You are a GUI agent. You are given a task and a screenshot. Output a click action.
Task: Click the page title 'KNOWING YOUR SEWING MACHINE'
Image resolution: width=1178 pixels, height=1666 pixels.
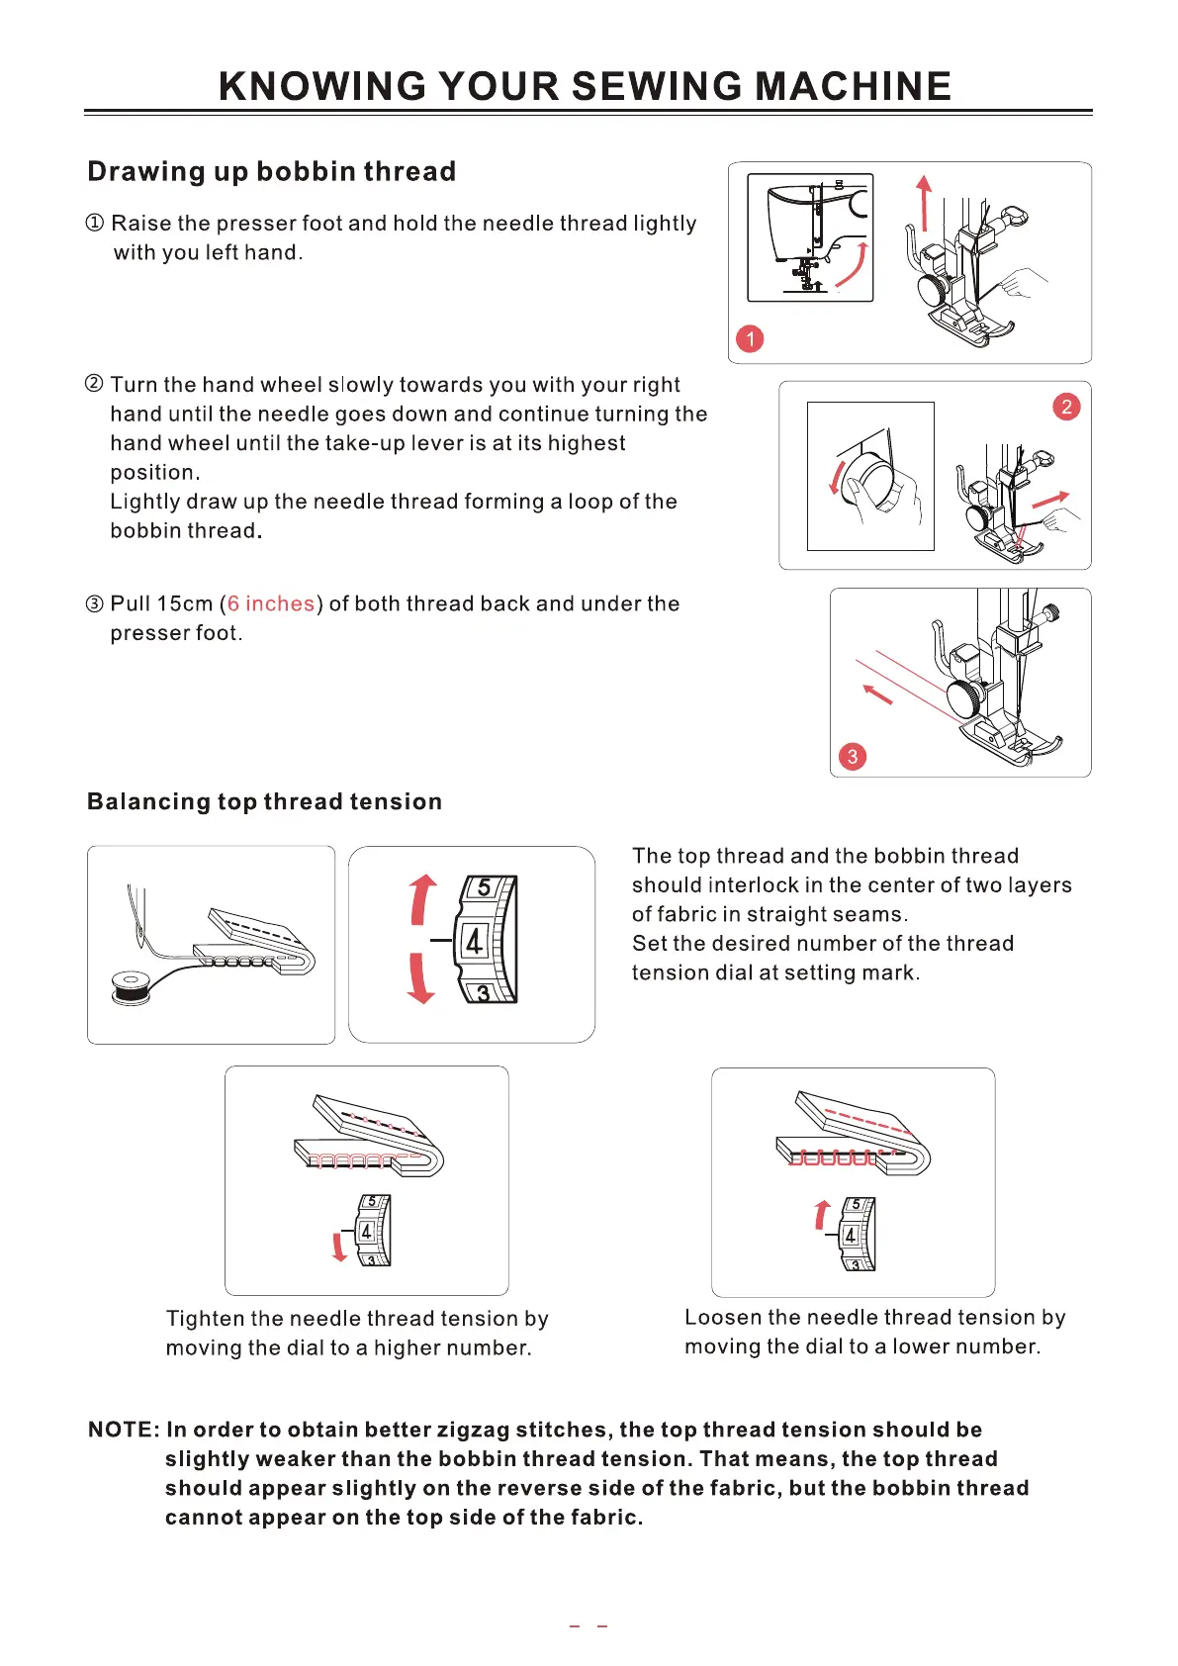[x=585, y=87]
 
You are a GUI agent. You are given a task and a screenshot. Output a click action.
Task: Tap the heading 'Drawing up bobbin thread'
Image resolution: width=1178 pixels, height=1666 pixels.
[x=271, y=172]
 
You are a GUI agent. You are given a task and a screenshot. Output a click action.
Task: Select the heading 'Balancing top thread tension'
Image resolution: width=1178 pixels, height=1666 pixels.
[x=264, y=801]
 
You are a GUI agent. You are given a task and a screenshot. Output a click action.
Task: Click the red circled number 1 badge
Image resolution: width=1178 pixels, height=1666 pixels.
[x=751, y=339]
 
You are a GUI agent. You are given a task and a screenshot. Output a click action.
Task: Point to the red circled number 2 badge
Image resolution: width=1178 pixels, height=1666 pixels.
[x=1066, y=407]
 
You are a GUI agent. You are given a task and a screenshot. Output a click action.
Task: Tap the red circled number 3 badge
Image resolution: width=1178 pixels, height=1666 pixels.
[x=853, y=757]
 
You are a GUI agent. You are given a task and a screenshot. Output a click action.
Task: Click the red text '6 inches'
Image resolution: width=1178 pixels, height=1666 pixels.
[x=271, y=603]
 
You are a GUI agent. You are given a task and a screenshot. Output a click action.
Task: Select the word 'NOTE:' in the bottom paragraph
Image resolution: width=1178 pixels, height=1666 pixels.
[x=124, y=1430]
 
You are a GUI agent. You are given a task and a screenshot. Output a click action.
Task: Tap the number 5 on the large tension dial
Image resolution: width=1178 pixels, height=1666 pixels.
[x=484, y=887]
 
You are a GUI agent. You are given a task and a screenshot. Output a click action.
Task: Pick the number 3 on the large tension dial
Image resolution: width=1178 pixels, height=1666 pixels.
[x=483, y=992]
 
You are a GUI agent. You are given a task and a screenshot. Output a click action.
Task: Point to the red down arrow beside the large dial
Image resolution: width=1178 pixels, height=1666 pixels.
[x=421, y=978]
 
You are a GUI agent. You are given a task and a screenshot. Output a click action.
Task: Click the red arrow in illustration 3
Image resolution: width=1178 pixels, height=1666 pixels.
[x=877, y=694]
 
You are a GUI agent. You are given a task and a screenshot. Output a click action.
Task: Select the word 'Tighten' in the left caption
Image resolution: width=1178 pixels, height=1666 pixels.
[x=205, y=1319]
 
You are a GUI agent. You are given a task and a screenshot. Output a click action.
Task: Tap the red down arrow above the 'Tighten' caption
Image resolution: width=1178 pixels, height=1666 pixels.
[x=339, y=1247]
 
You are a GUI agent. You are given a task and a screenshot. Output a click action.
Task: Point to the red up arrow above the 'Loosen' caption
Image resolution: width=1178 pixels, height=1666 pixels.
[x=821, y=1214]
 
